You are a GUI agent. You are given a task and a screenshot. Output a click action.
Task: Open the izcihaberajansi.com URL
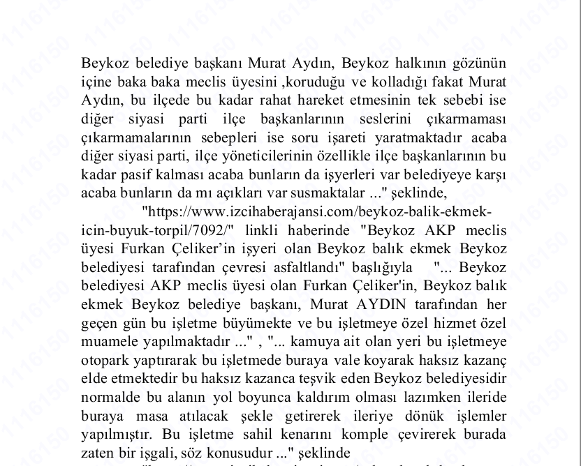pos(316,210)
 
